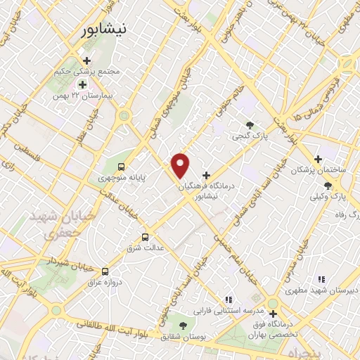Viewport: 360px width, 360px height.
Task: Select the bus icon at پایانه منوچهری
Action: click(122, 167)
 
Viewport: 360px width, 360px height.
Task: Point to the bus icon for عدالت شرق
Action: click(146, 236)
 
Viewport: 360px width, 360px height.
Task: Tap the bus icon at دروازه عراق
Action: click(105, 271)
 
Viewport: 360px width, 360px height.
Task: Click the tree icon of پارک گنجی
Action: click(250, 124)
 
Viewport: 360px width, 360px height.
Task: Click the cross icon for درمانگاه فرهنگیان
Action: click(206, 175)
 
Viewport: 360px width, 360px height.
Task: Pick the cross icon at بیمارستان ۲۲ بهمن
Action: click(82, 84)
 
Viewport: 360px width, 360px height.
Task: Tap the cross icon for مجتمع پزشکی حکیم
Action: click(86, 61)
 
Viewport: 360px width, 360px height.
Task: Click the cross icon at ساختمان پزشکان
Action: click(319, 159)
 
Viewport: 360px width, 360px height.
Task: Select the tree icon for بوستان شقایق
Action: click(184, 325)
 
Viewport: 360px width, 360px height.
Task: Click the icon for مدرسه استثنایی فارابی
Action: click(227, 299)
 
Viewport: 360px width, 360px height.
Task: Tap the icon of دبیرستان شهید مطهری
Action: click(321, 279)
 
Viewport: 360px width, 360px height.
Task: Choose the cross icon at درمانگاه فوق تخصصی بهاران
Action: click(273, 314)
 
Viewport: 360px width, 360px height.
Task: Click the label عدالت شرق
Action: click(149, 248)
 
